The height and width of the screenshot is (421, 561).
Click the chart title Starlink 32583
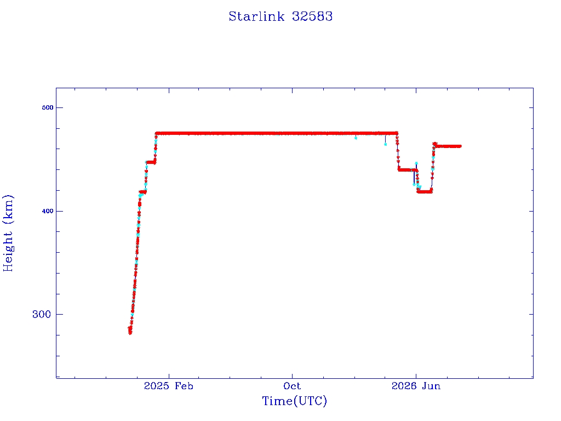(280, 16)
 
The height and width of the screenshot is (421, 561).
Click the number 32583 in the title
(312, 16)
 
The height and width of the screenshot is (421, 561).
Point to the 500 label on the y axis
(48, 107)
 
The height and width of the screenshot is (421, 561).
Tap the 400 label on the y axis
(48, 211)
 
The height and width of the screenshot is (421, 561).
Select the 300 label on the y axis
(42, 314)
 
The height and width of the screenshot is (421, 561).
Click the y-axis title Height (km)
(8, 234)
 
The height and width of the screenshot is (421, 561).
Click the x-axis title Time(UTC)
(294, 401)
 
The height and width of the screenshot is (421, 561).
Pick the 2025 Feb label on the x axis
(169, 386)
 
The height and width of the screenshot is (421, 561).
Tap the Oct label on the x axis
(292, 386)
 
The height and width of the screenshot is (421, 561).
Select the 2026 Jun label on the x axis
(416, 386)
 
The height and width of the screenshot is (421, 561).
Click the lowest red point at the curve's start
(130, 333)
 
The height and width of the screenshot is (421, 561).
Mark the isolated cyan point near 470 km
(356, 138)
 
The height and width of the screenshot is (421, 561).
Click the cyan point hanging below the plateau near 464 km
(385, 144)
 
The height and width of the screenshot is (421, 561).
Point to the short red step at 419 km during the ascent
(143, 192)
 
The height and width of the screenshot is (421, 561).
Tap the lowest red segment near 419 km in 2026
(425, 191)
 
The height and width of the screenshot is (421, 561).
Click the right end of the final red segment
(460, 146)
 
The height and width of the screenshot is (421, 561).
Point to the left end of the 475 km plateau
(156, 134)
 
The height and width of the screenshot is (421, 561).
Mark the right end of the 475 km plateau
(397, 133)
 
